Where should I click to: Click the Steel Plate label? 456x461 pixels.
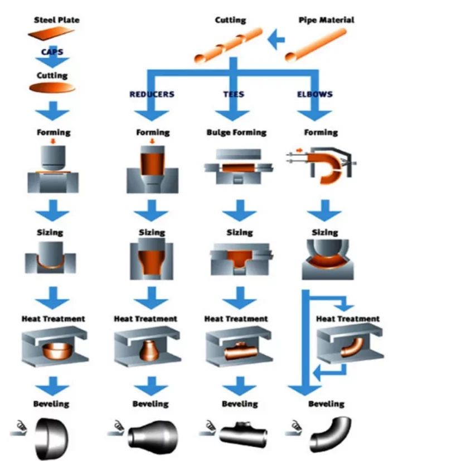click(x=57, y=20)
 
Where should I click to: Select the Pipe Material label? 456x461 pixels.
click(x=326, y=20)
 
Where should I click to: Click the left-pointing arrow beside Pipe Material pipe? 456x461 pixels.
click(x=276, y=39)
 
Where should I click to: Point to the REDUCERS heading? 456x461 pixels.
click(x=152, y=94)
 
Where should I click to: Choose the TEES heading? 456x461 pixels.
click(x=234, y=94)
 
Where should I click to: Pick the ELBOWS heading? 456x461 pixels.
click(x=315, y=94)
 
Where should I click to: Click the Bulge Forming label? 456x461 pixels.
click(x=236, y=133)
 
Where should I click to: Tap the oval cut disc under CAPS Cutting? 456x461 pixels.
click(x=52, y=88)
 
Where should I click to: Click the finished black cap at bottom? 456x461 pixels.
click(x=52, y=438)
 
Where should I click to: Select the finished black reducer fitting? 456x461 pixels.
click(x=153, y=437)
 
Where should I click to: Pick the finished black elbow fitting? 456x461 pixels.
click(x=331, y=434)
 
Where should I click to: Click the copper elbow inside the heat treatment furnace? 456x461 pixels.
click(x=352, y=347)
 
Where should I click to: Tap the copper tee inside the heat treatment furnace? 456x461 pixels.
click(x=240, y=351)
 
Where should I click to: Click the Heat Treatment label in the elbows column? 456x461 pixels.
click(x=348, y=319)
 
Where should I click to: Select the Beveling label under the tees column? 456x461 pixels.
click(x=240, y=404)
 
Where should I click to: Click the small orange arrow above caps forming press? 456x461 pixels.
click(x=53, y=141)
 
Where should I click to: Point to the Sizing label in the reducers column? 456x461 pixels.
click(x=152, y=233)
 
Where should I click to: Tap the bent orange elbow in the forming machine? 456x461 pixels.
click(x=327, y=168)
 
